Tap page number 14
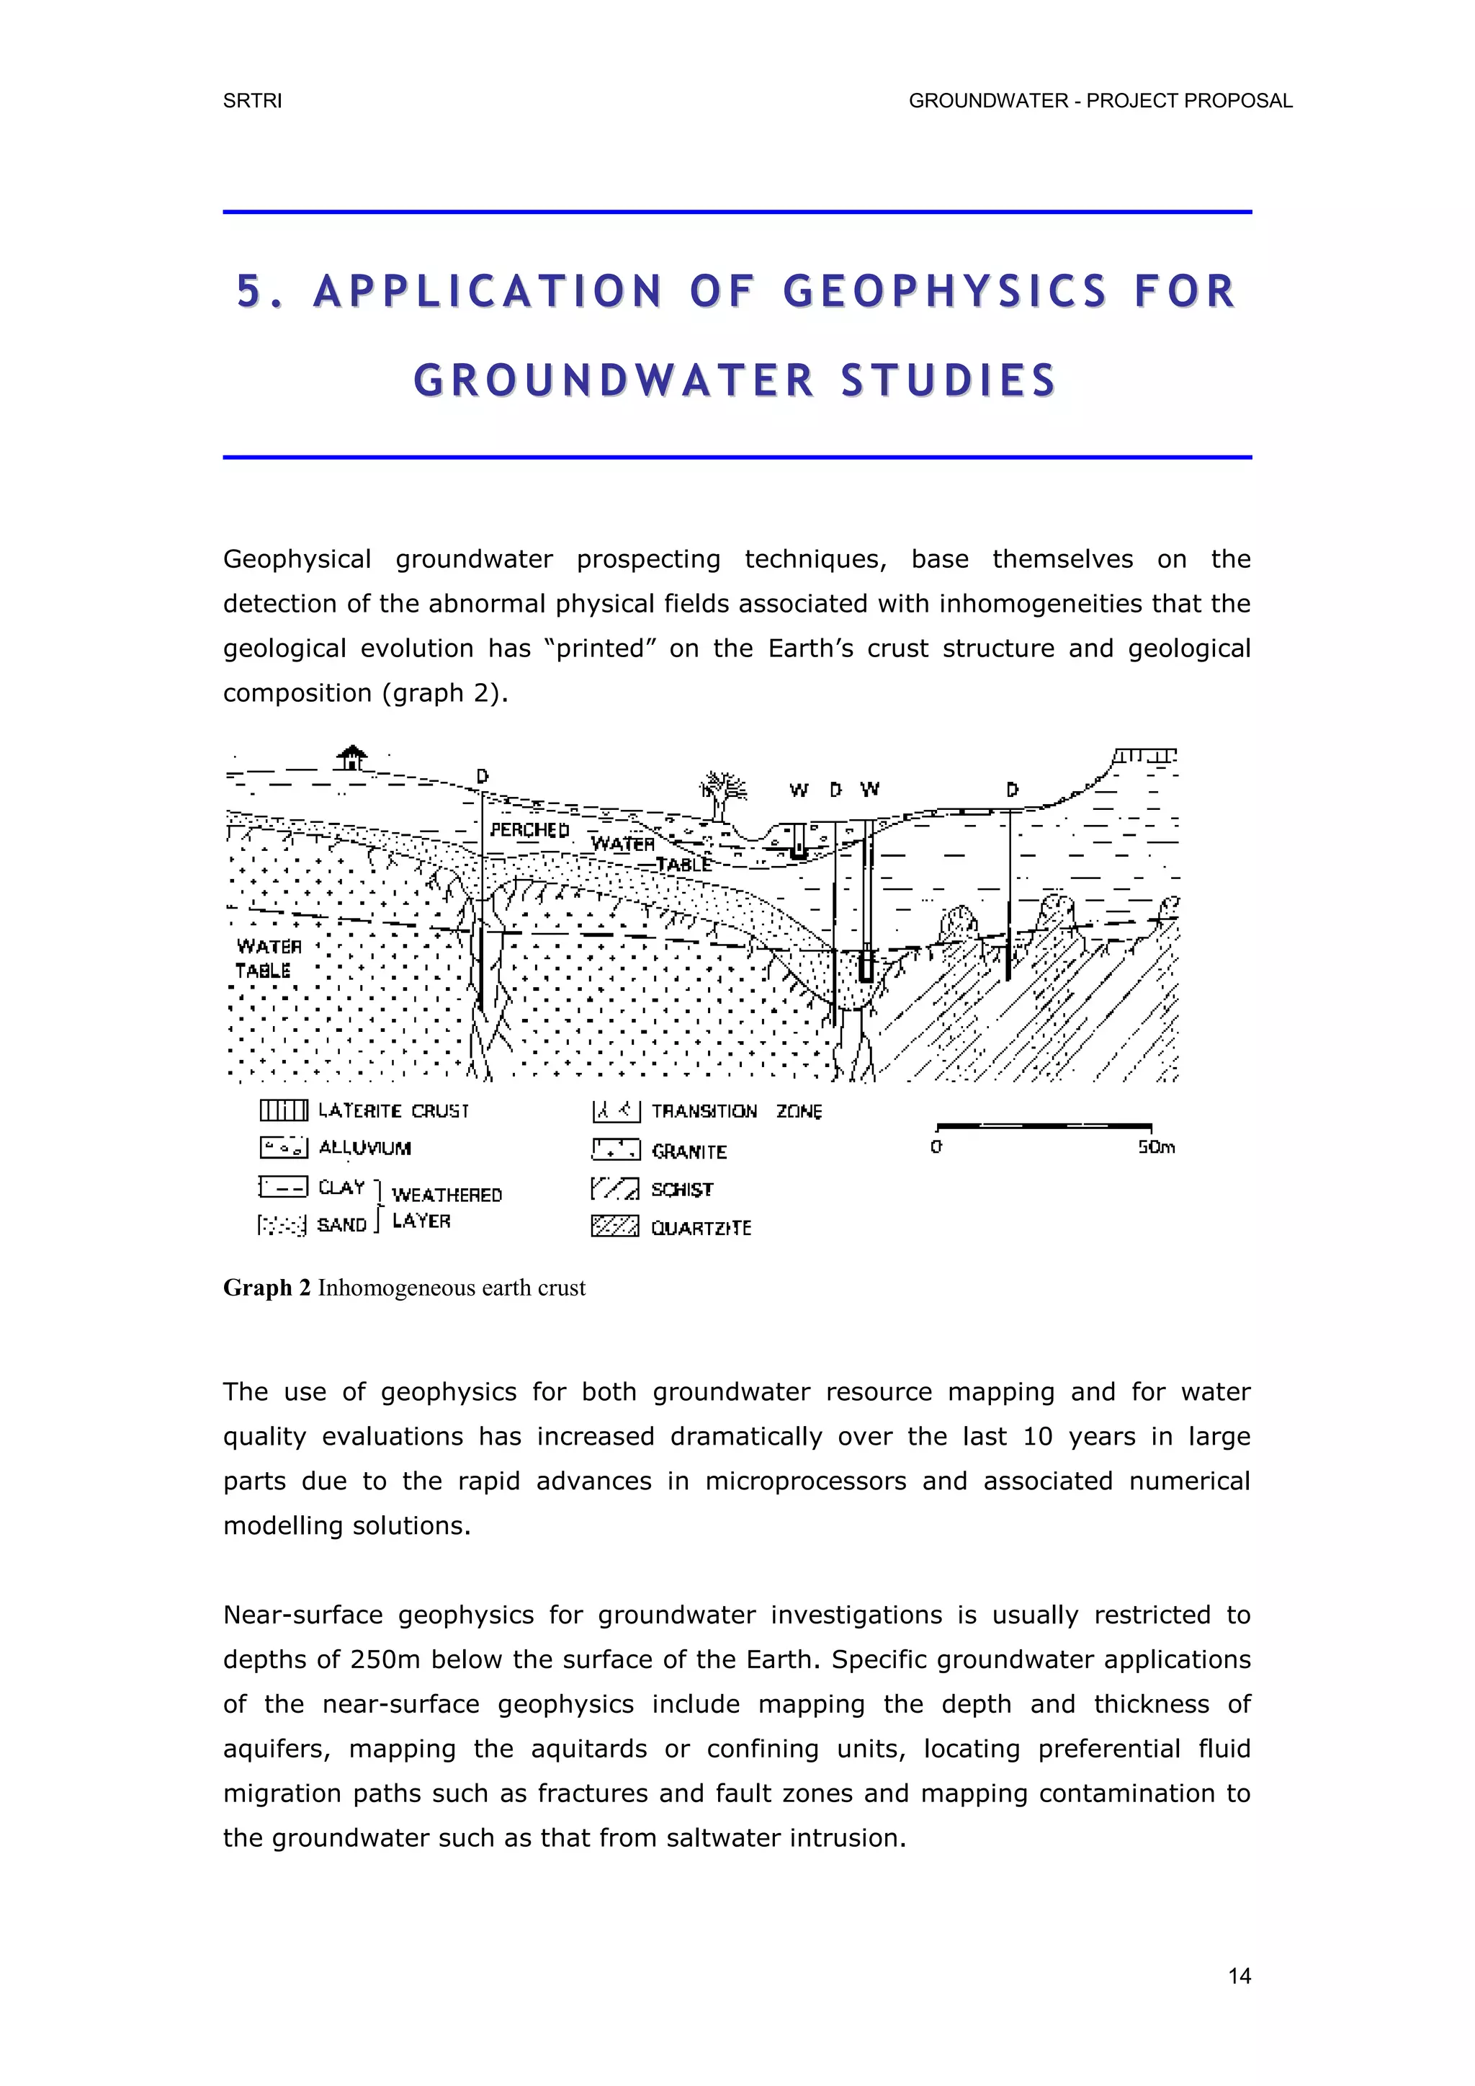click(1239, 1975)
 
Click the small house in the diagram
click(351, 756)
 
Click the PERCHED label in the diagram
click(529, 829)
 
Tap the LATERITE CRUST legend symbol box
click(283, 1110)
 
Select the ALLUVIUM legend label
click(364, 1149)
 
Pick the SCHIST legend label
click(681, 1190)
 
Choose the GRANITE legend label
click(689, 1151)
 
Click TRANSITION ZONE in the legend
click(735, 1111)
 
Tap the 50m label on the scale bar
click(1155, 1148)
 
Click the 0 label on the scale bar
click(936, 1148)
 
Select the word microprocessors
click(804, 1481)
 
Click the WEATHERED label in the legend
click(446, 1195)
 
